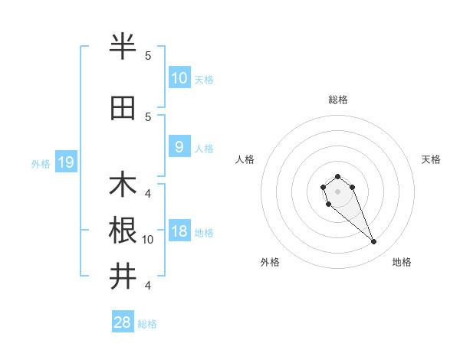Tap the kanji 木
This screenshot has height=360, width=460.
tap(123, 185)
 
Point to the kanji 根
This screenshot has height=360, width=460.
tap(123, 231)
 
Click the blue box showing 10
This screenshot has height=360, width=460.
tap(179, 77)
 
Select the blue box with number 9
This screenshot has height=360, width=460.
tap(179, 147)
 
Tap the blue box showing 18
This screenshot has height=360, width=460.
tap(179, 232)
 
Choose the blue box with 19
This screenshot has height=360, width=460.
tap(65, 162)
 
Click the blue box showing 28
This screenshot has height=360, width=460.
tap(123, 322)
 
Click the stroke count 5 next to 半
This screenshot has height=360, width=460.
tap(148, 55)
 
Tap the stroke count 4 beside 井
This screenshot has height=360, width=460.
tap(148, 286)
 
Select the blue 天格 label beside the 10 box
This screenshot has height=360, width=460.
tap(203, 79)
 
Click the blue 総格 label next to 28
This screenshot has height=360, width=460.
tap(147, 324)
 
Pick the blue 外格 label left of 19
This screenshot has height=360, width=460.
tap(41, 163)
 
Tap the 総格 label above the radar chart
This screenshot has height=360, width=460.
tap(337, 100)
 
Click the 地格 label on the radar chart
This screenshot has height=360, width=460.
tap(402, 263)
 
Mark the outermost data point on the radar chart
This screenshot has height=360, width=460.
tap(374, 242)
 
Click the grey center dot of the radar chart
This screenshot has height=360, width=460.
tap(337, 191)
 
